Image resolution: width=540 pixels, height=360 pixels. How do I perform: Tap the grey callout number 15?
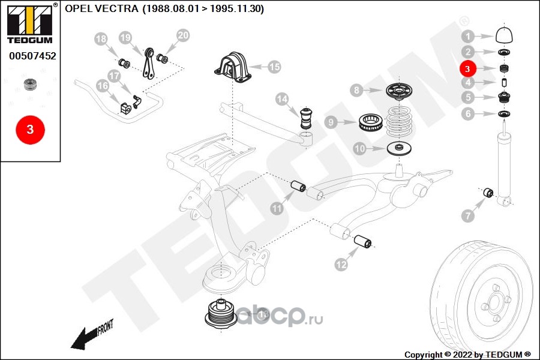tap(274, 67)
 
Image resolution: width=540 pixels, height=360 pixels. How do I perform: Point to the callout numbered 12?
tap(341, 264)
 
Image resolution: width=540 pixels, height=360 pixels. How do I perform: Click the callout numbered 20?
tap(183, 36)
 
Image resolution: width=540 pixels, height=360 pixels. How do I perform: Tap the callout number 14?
tap(282, 98)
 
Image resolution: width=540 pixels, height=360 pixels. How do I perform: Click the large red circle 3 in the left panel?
tap(30, 129)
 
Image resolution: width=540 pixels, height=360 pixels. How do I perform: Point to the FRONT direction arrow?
tap(90, 336)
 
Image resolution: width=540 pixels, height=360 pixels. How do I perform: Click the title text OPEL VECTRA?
tap(102, 9)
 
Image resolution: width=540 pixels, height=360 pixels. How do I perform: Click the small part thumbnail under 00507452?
tap(28, 84)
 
